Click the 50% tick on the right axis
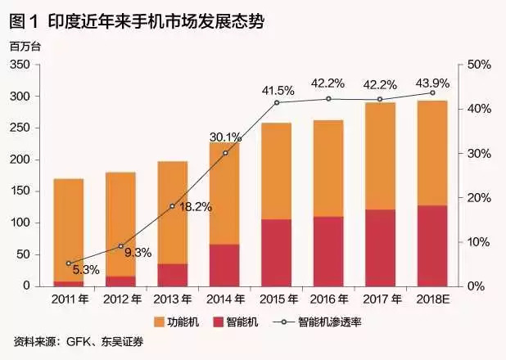click(x=478, y=65)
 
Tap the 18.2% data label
click(x=195, y=207)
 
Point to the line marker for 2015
click(x=277, y=102)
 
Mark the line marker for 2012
click(x=120, y=245)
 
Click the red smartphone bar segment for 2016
click(x=328, y=251)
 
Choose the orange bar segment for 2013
click(x=173, y=212)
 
